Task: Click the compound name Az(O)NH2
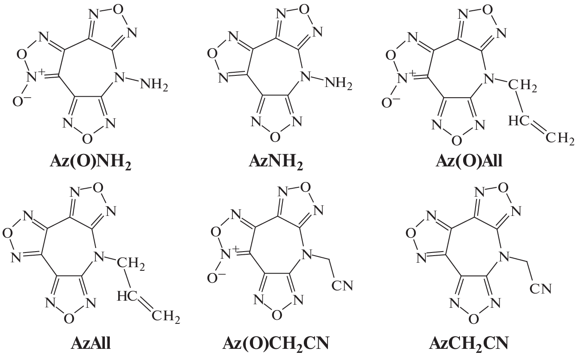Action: (x=91, y=162)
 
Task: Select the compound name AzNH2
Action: (x=276, y=162)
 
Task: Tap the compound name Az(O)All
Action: (x=469, y=162)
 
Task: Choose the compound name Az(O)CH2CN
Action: (x=276, y=343)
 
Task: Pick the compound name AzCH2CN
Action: (x=469, y=343)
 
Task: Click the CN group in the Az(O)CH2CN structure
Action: (x=342, y=286)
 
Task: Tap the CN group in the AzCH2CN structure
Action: (x=540, y=289)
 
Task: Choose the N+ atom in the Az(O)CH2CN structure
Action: (x=229, y=253)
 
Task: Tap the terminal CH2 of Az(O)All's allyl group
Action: (x=559, y=138)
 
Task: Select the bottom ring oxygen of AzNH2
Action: (x=275, y=137)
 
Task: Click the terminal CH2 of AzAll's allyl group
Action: (x=166, y=316)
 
